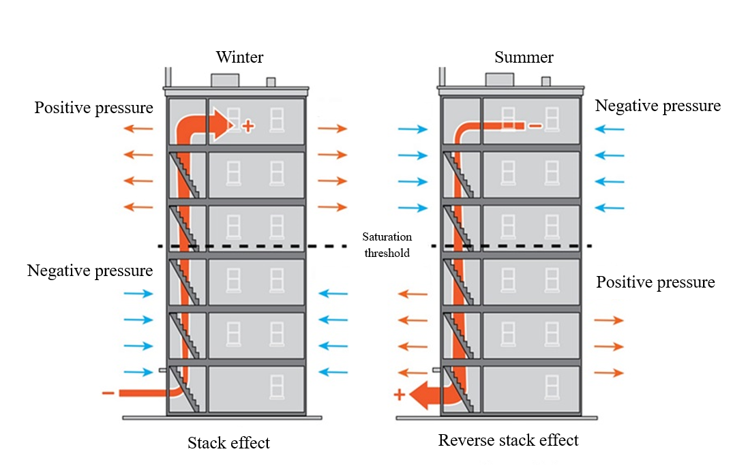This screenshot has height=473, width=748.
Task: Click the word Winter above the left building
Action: [239, 57]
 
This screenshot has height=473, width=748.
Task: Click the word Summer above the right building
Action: [524, 57]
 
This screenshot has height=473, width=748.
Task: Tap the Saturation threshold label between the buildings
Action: [387, 245]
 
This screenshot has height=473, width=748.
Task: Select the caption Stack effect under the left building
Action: [228, 443]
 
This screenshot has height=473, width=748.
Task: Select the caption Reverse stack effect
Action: [508, 440]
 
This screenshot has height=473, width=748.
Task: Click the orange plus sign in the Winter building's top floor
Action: [248, 126]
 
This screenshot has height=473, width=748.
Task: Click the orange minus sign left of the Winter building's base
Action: [108, 393]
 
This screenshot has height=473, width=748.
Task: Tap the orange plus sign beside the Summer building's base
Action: [400, 395]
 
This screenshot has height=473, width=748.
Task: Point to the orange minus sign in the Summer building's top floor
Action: [535, 126]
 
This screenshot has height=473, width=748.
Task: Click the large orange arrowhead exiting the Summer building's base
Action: [420, 395]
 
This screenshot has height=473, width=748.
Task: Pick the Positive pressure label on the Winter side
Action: [93, 108]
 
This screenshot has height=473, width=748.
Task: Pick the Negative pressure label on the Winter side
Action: [90, 271]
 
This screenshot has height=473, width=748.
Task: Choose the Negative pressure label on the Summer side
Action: [658, 106]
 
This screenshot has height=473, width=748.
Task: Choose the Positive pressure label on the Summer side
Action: [655, 282]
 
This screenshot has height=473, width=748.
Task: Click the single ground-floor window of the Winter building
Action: [277, 386]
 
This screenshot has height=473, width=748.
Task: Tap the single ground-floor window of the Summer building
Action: [552, 386]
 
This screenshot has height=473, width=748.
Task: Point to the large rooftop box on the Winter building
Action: [225, 80]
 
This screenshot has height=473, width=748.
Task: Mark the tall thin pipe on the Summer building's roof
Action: [443, 77]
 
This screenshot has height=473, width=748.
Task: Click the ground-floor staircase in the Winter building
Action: [185, 388]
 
